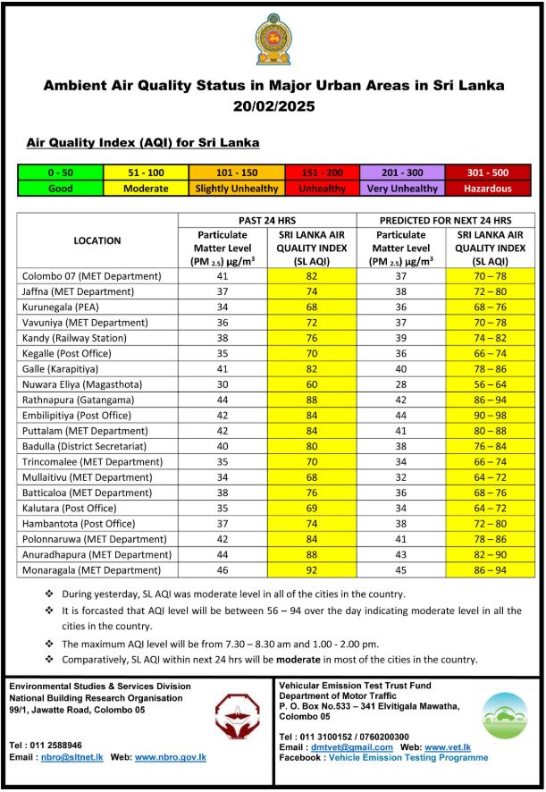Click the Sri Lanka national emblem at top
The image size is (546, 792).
click(273, 39)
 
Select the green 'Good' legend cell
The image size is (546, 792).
click(60, 189)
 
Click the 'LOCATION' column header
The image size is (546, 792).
click(97, 240)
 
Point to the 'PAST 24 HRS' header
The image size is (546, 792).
click(267, 220)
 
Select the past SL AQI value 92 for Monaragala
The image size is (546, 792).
click(312, 569)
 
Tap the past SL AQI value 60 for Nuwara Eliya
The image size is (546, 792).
click(312, 383)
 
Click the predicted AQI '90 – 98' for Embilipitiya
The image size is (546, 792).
click(490, 415)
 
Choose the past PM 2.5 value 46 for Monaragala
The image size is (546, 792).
click(223, 569)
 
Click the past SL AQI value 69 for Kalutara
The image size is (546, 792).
click(312, 508)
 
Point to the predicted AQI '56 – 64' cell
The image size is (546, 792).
click(490, 383)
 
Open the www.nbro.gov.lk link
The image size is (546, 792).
click(171, 757)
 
